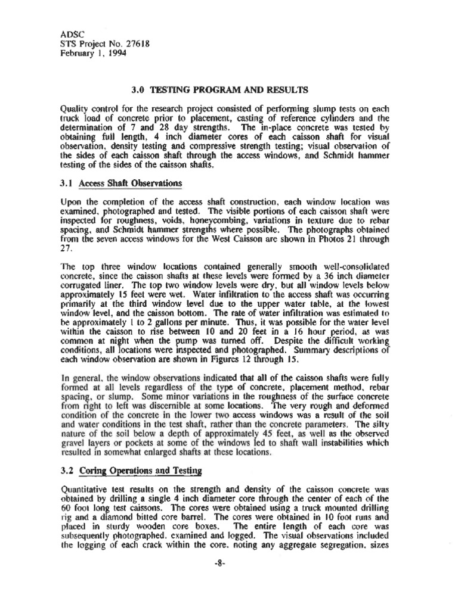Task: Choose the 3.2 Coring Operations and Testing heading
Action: click(131, 471)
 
